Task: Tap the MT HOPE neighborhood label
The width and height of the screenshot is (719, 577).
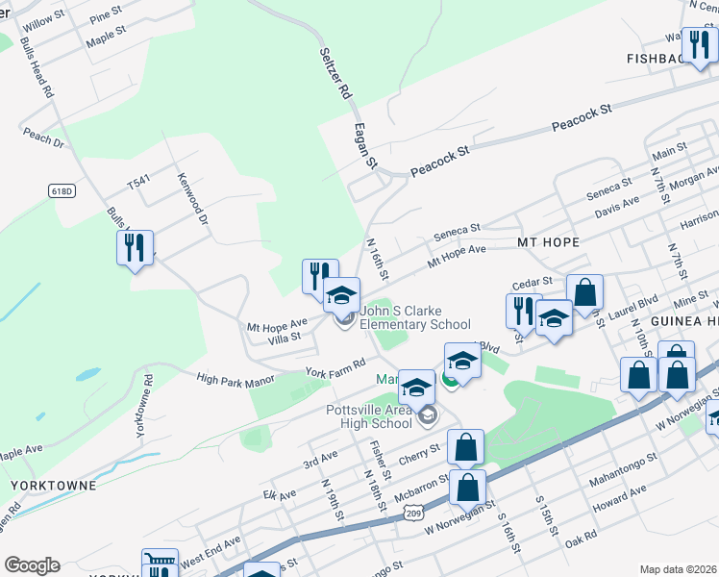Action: (x=548, y=242)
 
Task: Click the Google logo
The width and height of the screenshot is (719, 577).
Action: (x=32, y=565)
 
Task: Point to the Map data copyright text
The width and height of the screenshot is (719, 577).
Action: (x=679, y=569)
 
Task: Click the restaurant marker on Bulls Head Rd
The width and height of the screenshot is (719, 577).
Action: (x=135, y=247)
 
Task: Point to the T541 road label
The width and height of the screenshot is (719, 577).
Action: (x=140, y=182)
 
